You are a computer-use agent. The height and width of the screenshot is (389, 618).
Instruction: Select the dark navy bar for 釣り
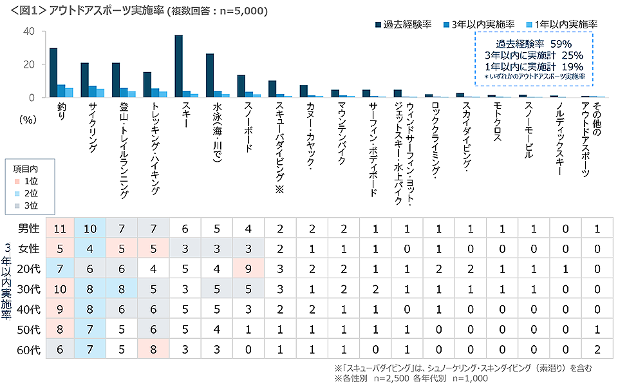(53, 73)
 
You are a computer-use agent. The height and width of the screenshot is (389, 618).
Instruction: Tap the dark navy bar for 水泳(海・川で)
(210, 75)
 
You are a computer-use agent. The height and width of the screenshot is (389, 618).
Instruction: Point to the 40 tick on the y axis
(30, 31)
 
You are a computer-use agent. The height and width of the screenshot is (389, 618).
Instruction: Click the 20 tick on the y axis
(30, 64)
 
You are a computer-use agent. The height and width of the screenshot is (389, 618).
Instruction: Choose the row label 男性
(30, 229)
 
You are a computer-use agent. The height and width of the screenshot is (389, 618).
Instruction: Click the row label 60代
(30, 351)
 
